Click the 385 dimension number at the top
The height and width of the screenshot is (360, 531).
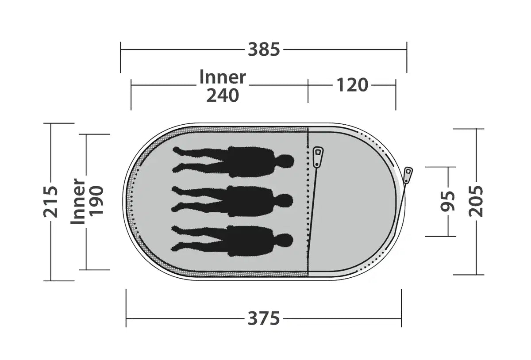click(264, 50)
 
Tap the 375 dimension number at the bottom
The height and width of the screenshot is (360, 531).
click(264, 319)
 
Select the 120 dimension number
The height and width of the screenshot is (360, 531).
click(353, 85)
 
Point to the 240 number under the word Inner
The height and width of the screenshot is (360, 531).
click(223, 95)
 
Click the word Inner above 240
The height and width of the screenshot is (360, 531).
click(223, 77)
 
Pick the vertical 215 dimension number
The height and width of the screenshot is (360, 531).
click(50, 202)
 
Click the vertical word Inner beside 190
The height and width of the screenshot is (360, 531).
click(78, 201)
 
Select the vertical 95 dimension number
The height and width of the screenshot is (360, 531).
click(447, 201)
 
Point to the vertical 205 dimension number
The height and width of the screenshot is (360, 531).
click(476, 201)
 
